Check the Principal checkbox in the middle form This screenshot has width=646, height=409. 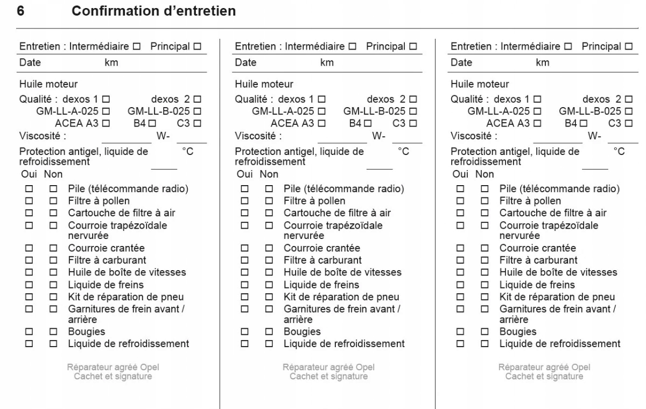point(413,47)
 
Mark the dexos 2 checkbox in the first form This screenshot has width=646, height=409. point(197,100)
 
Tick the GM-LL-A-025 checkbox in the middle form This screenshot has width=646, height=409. point(321,111)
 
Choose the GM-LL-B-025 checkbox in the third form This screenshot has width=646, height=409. point(628,111)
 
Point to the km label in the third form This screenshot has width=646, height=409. point(543,63)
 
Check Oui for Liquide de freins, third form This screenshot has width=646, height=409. point(459,284)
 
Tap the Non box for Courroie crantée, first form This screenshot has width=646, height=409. point(53,248)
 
